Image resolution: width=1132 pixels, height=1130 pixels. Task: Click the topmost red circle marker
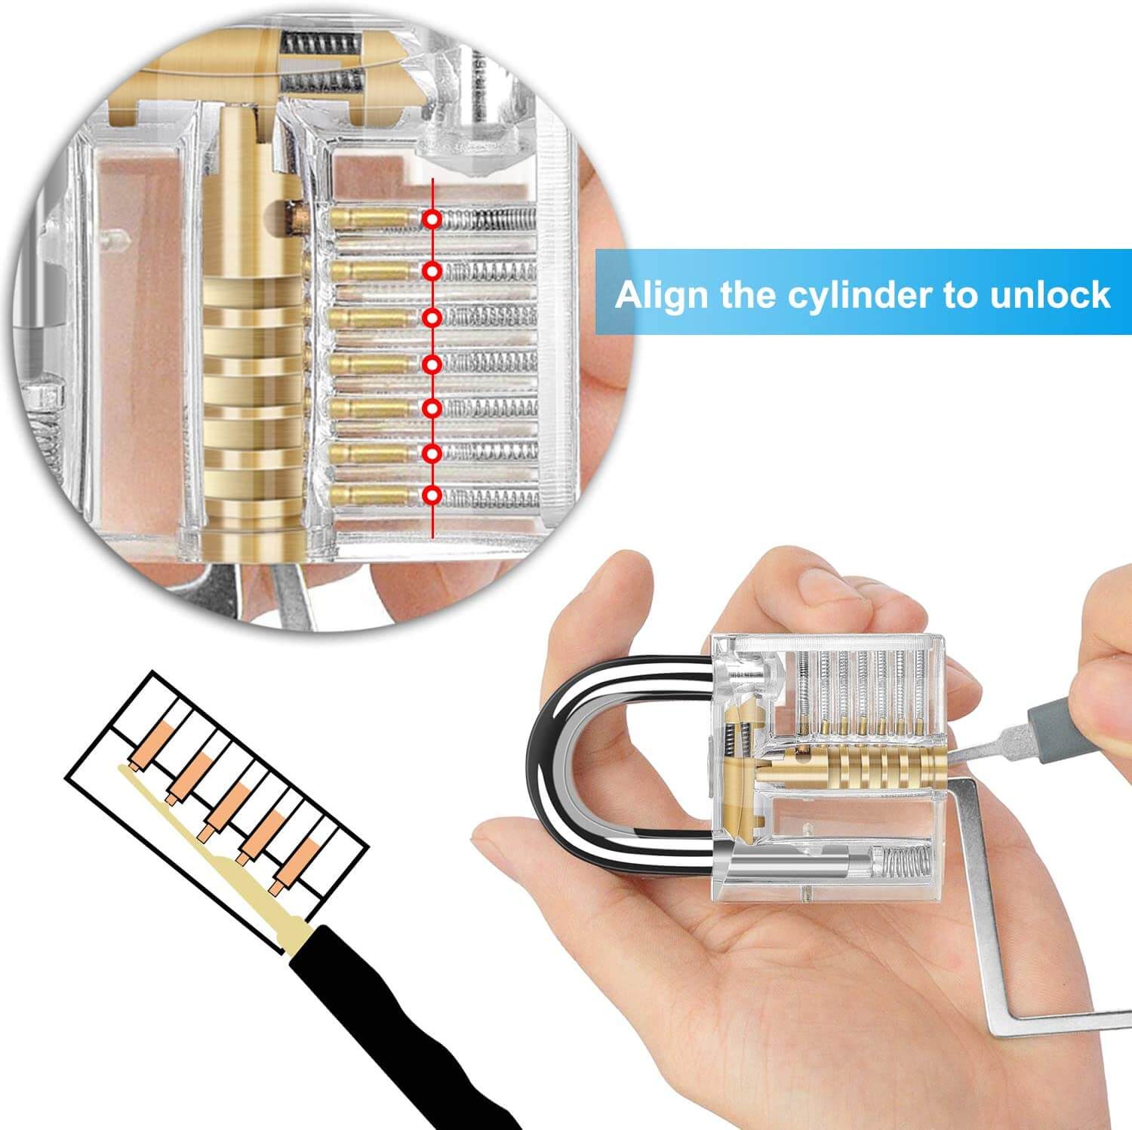432,219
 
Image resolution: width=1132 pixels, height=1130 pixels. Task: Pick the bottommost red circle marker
432,496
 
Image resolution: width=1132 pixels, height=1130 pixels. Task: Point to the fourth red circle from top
432,364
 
